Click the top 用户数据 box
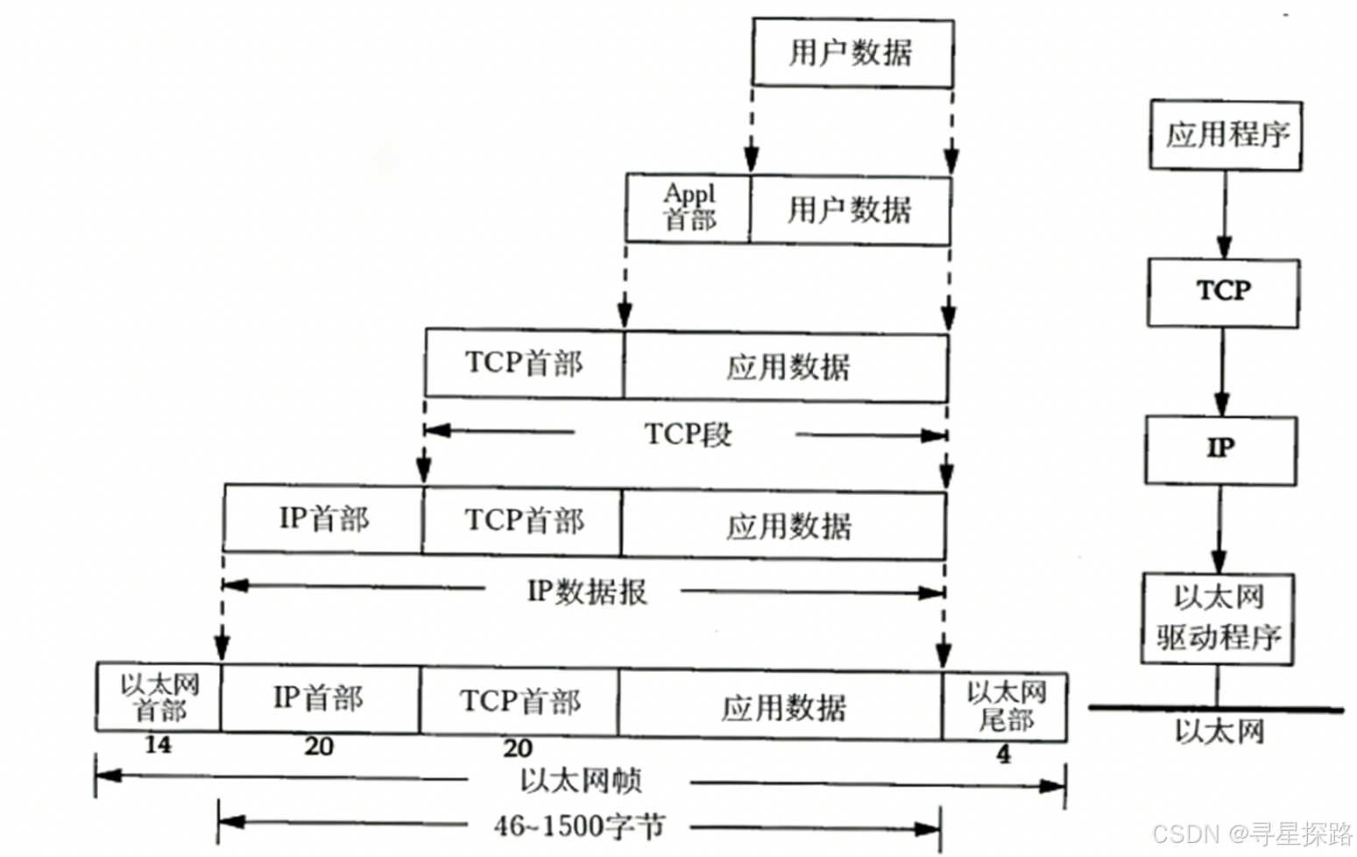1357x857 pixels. pos(852,53)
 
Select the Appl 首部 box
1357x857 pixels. pos(689,209)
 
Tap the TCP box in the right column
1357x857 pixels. pos(1223,292)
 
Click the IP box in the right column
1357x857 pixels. pos(1220,450)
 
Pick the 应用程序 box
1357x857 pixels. pos(1226,135)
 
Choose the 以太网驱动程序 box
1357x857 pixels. pos(1218,619)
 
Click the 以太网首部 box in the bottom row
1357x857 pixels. pos(159,698)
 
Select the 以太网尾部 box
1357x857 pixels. pos(1005,706)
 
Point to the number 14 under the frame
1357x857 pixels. pos(159,746)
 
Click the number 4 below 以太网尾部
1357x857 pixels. pos(1003,754)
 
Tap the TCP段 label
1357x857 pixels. pos(688,434)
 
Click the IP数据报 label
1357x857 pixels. pos(587,592)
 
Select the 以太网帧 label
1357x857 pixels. pos(580,781)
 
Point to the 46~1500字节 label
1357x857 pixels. pos(579,825)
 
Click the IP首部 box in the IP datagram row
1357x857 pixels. pos(323,521)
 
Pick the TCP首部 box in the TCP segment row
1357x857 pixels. pos(524,364)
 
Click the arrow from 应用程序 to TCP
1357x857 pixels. pos(1225,214)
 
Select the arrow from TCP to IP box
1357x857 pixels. pos(1222,372)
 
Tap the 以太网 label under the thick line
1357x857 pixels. pos(1219,732)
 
